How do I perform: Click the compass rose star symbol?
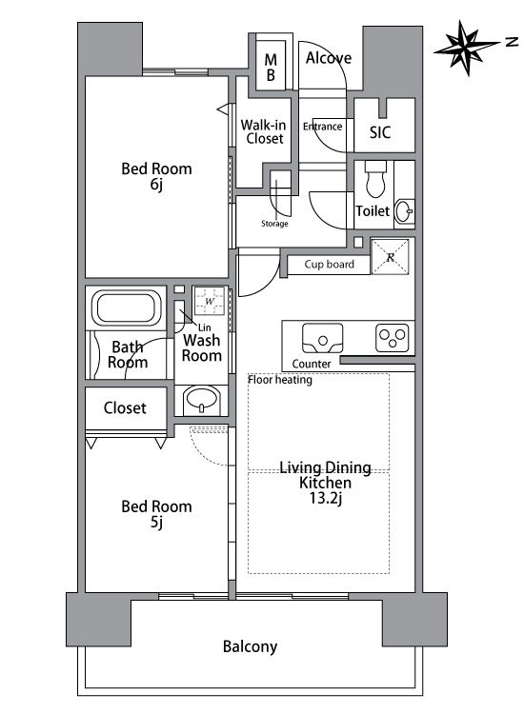(466, 47)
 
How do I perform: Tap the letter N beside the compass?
(512, 42)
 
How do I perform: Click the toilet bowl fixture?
(375, 179)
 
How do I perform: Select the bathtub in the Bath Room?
(126, 307)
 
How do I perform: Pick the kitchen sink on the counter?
(323, 338)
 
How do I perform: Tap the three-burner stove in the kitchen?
(393, 338)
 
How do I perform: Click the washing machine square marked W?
(210, 301)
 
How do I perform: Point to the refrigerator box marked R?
(390, 257)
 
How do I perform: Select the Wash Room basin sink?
(201, 400)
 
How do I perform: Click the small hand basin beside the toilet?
(405, 211)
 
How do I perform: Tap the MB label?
(271, 67)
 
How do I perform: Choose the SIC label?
(380, 132)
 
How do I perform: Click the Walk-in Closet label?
(264, 131)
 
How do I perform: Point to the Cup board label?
(329, 264)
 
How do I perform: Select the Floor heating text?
(280, 380)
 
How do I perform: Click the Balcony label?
(251, 646)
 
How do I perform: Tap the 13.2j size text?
(325, 499)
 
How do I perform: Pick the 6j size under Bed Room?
(156, 185)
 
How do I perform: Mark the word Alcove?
(329, 58)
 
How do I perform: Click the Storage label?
(274, 224)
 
